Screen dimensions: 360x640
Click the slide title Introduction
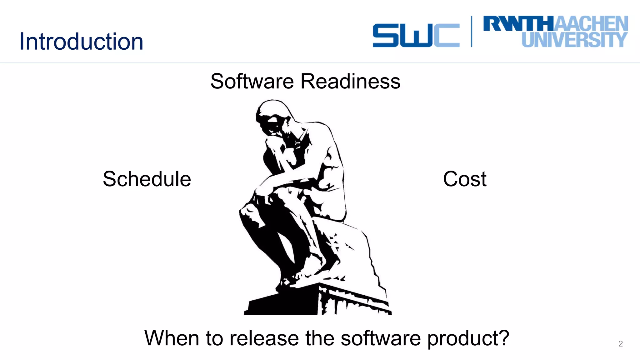pyautogui.click(x=81, y=41)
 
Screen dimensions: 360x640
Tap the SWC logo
pyautogui.click(x=416, y=35)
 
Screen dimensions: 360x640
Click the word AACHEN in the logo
pyautogui.click(x=591, y=24)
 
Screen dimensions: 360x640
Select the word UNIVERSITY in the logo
pyautogui.click(x=574, y=40)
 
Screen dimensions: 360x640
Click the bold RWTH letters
pyautogui.click(x=519, y=24)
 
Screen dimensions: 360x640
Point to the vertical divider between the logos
pyautogui.click(x=472, y=32)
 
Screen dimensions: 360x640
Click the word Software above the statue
pyautogui.click(x=252, y=81)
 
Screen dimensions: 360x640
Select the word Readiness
pyautogui.click(x=350, y=81)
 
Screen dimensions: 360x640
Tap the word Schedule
pyautogui.click(x=147, y=179)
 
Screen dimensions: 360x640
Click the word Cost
pyautogui.click(x=465, y=179)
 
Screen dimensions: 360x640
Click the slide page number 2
pyautogui.click(x=621, y=344)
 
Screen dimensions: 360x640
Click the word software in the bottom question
pyautogui.click(x=380, y=338)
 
